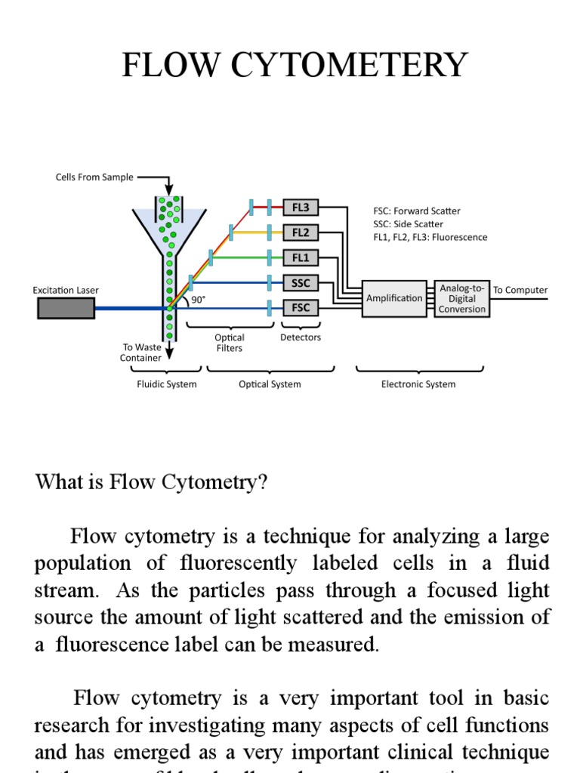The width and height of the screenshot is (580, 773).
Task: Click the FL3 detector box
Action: [301, 207]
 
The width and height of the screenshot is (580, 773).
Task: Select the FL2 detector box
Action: [301, 232]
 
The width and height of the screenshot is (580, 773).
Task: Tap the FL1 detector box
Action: [301, 257]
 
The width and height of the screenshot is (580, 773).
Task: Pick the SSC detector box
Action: [301, 283]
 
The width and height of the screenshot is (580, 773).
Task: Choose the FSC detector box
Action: [301, 308]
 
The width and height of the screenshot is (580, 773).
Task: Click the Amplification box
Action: [394, 298]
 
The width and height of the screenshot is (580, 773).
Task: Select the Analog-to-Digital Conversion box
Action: [462, 299]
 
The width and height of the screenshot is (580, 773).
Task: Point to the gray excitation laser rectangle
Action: [66, 308]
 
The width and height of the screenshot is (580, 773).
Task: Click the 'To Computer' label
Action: [520, 290]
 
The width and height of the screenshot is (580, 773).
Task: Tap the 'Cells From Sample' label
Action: [94, 177]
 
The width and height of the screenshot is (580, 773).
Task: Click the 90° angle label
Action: [199, 299]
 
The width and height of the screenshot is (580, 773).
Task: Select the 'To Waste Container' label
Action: [141, 353]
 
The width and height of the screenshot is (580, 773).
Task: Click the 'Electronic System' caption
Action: [418, 384]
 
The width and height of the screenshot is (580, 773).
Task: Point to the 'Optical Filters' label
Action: [230, 343]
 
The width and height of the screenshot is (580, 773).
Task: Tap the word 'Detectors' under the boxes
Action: [301, 337]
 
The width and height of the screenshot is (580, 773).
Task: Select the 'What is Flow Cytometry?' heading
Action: [151, 483]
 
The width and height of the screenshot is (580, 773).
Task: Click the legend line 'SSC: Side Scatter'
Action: [408, 224]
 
